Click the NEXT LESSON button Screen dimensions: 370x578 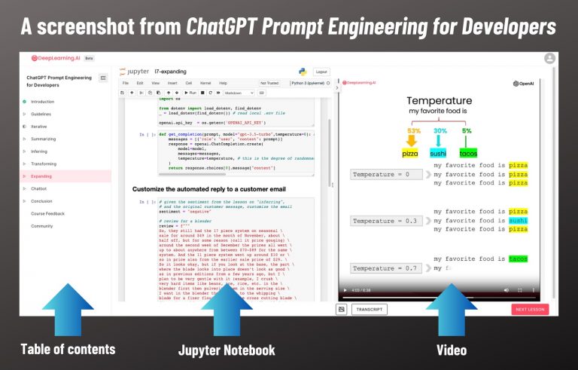[x=530, y=309]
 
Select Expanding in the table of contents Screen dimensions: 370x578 [x=42, y=176]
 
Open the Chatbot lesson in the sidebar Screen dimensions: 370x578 [x=39, y=188]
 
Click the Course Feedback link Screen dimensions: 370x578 [x=47, y=214]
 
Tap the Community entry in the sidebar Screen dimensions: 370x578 [x=42, y=226]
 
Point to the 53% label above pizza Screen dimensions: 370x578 [x=413, y=130]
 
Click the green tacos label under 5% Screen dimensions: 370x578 [x=468, y=153]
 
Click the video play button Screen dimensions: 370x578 [x=345, y=290]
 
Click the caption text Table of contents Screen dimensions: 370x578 [x=68, y=348]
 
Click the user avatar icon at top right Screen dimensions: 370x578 [x=550, y=57]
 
